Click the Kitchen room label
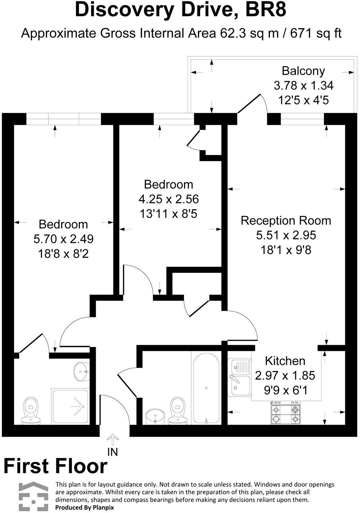tap(285, 361)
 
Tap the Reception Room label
tap(286, 221)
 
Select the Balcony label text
tap(303, 71)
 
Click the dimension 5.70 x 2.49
tap(63, 239)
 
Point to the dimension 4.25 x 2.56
tap(169, 199)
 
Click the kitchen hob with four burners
tap(285, 413)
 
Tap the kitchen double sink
tap(239, 378)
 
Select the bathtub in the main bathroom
tap(206, 388)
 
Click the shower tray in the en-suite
tap(70, 406)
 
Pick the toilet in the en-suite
tap(31, 411)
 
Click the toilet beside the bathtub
tap(178, 411)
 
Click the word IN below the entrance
tap(112, 452)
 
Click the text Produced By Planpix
tap(85, 507)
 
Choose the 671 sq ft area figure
tap(316, 33)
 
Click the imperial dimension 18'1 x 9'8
tap(286, 250)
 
